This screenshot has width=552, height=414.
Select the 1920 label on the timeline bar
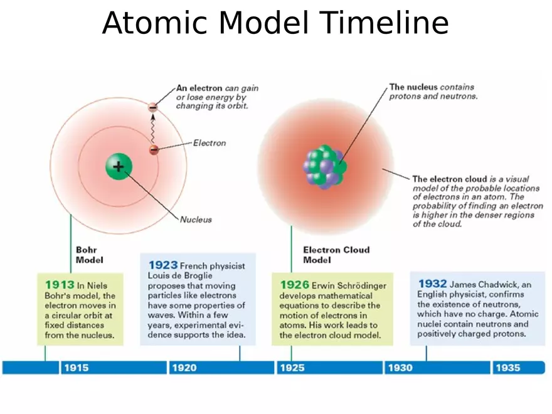[184, 368]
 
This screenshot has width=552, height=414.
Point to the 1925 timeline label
[292, 368]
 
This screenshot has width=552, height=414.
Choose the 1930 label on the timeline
[400, 368]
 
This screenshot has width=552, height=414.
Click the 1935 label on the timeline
[508, 368]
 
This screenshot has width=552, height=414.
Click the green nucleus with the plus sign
[118, 166]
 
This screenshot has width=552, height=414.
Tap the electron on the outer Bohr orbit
[152, 107]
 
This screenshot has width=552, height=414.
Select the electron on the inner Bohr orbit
[153, 149]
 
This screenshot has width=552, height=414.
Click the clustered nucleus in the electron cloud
[324, 167]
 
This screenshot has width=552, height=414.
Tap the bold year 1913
[60, 285]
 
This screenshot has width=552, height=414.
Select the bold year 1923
[162, 265]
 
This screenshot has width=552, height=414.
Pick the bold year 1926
[294, 285]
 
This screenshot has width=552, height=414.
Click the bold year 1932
[432, 284]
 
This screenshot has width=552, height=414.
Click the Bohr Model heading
[89, 254]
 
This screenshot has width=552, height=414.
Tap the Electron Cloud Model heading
[336, 254]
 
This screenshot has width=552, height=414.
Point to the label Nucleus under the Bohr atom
[196, 220]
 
